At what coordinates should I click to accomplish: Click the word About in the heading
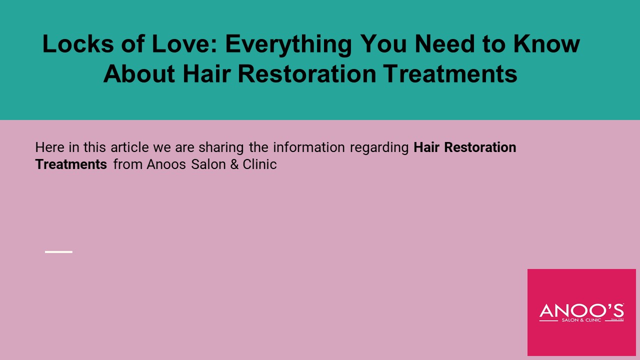click(139, 74)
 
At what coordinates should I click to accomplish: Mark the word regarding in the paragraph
click(379, 147)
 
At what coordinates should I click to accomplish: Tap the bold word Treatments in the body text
click(71, 164)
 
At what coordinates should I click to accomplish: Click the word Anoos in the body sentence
click(166, 164)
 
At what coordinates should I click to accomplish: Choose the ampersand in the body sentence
click(234, 164)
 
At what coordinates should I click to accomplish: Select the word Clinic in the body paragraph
click(259, 164)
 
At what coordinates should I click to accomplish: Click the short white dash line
click(58, 251)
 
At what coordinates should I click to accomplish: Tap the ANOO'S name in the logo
click(581, 310)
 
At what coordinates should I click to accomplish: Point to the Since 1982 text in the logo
click(617, 318)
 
